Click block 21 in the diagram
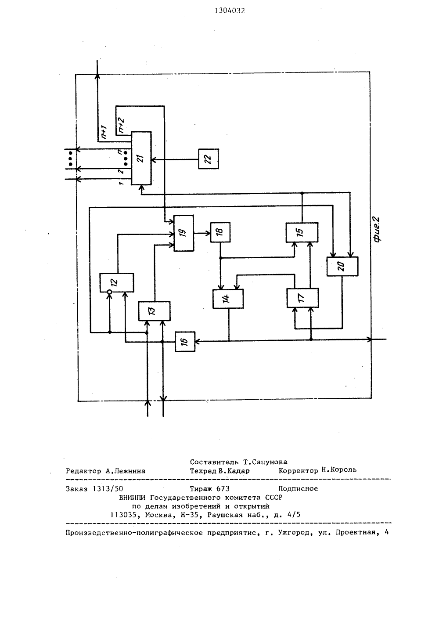coord(141,158)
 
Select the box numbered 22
coord(209,159)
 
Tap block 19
coord(184,233)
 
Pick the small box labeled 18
coord(220,232)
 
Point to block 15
coord(302,232)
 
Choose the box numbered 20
coord(342,267)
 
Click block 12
coord(117,282)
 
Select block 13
coord(155,311)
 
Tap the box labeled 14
coord(228,299)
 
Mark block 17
coord(302,298)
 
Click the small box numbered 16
coord(185,342)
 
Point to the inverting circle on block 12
coord(109,292)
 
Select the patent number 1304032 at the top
coord(230,11)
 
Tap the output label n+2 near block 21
coord(121,125)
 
